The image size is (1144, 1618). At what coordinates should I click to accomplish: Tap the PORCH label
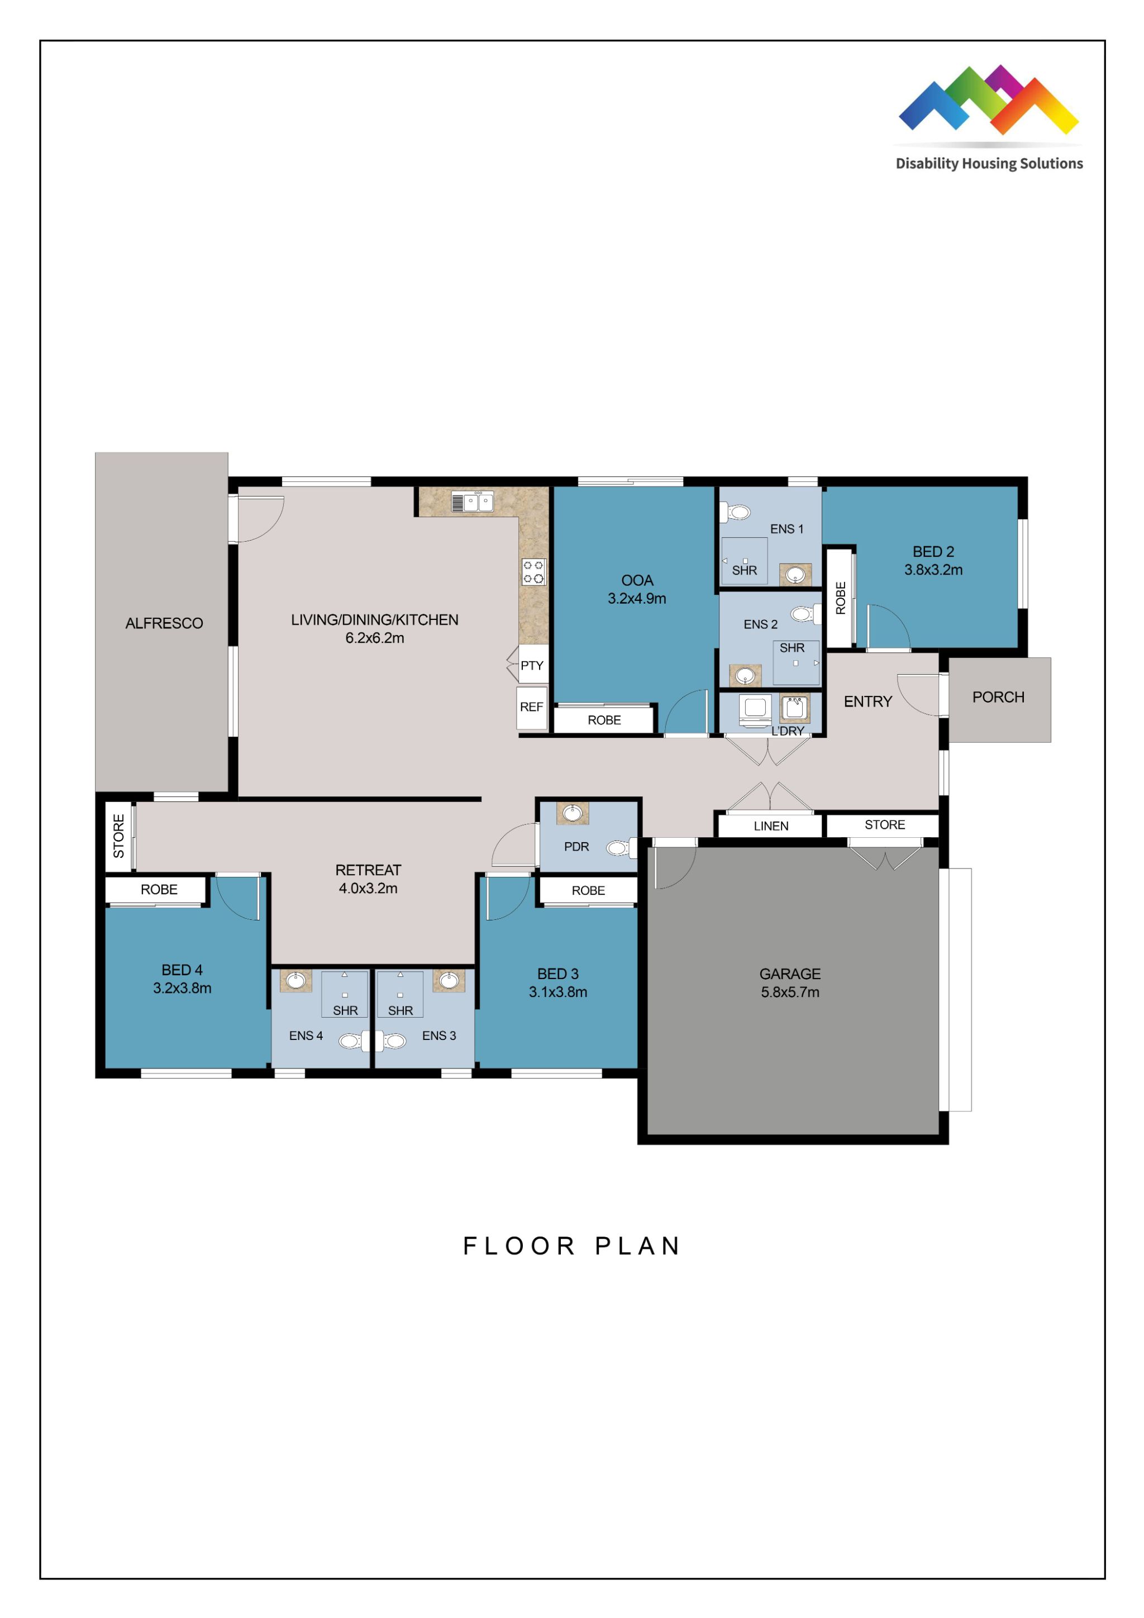tap(998, 697)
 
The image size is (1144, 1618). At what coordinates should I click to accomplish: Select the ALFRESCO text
tap(164, 623)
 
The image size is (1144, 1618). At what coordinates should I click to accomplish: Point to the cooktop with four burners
tap(533, 571)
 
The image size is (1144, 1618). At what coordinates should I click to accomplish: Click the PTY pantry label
tap(532, 665)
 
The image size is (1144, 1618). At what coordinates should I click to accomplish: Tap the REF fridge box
tap(531, 707)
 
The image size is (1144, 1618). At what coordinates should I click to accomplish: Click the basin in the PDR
tap(573, 814)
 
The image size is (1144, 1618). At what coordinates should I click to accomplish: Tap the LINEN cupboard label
tap(770, 826)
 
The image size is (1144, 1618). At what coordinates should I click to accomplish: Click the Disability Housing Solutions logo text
tap(988, 164)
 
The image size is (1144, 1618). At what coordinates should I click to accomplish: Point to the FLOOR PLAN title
tap(571, 1246)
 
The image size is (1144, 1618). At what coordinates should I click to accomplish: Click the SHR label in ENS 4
tap(345, 1010)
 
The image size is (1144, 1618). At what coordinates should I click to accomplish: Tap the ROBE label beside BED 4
tap(159, 889)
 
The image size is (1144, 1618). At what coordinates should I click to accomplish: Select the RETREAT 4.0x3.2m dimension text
tap(368, 889)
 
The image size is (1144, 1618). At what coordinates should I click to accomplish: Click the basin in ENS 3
tap(449, 980)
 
